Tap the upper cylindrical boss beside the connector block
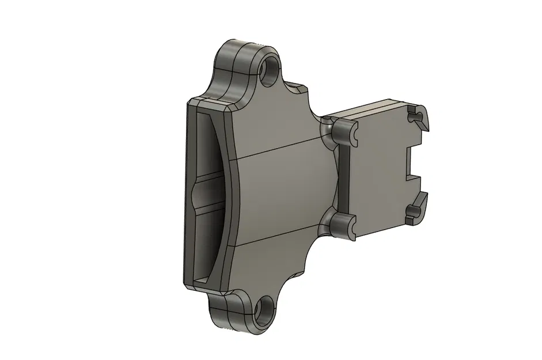tap(344, 132)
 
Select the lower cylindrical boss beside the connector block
tap(344, 225)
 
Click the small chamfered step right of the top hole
tap(297, 89)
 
